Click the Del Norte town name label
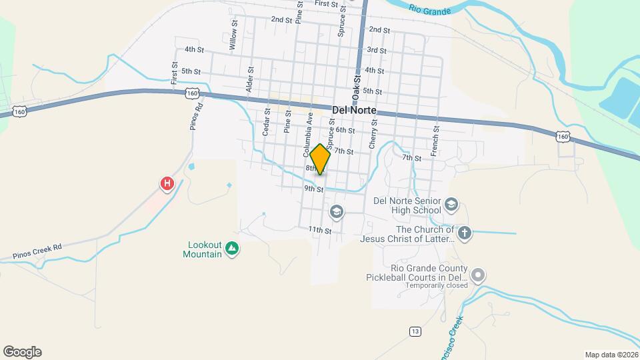[x=354, y=110]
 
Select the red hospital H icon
[x=167, y=183]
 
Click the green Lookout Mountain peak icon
[x=232, y=249]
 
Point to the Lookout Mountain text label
[x=203, y=249]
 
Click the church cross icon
[x=465, y=233]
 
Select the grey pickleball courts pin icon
[x=477, y=275]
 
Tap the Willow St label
[x=233, y=35]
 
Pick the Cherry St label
[x=373, y=133]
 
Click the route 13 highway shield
[x=415, y=331]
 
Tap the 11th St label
[x=320, y=230]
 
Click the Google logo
[x=22, y=352]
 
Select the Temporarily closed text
[x=437, y=286]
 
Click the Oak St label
[x=357, y=87]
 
